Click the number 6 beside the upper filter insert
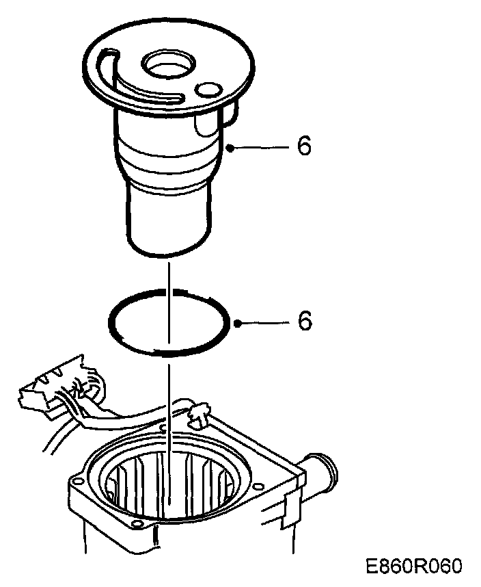pos(303,146)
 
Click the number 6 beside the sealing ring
pos(303,321)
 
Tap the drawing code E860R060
pos(414,567)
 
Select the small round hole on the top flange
pos(207,89)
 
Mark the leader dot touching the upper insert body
pos(232,147)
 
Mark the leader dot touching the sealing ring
pos(236,322)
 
